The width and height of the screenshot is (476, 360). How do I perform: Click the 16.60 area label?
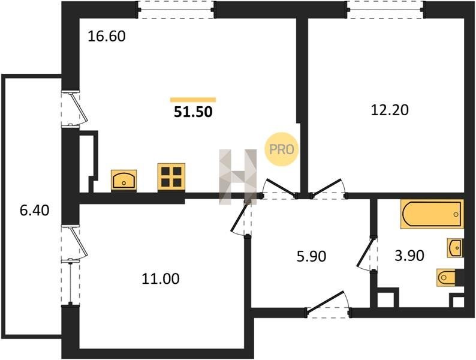tap(106, 37)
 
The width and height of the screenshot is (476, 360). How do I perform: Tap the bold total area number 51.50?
tap(193, 112)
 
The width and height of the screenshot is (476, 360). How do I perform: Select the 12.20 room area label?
tap(390, 110)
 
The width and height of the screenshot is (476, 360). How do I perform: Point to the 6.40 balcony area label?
tap(34, 210)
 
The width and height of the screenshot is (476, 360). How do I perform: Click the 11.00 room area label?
tap(161, 278)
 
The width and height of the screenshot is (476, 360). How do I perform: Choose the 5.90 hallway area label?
tap(312, 256)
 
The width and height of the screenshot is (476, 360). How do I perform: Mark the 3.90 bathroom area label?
tap(409, 256)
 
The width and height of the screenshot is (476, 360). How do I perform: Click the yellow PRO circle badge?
tap(281, 149)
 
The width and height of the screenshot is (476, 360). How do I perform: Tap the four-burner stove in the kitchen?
tap(171, 177)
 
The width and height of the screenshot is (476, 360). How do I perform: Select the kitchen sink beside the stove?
tap(124, 181)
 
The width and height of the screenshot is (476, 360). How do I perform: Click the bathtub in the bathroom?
tap(432, 214)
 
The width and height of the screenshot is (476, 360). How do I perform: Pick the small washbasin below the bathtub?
tap(456, 248)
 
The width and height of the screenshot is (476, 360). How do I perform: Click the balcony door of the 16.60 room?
tap(75, 108)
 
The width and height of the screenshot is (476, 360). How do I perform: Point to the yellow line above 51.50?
tap(193, 100)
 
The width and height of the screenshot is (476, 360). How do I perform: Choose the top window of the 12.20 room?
tap(385, 10)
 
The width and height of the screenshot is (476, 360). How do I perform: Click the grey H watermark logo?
tap(238, 176)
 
